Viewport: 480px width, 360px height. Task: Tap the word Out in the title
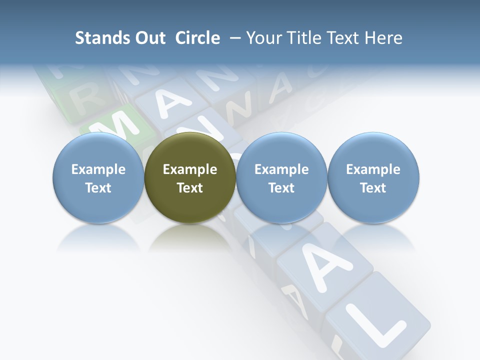tap(150, 38)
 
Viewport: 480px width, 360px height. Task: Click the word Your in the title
tap(262, 38)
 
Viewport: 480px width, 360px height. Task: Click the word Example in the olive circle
tap(190, 169)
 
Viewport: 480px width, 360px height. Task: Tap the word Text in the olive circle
tap(190, 188)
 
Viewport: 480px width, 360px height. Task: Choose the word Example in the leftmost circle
tap(98, 169)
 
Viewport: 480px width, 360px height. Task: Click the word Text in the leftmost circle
tap(98, 188)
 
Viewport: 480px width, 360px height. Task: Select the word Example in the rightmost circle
tap(373, 169)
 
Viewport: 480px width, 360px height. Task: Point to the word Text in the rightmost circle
tap(373, 188)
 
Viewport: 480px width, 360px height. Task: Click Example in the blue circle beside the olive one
tap(281, 169)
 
